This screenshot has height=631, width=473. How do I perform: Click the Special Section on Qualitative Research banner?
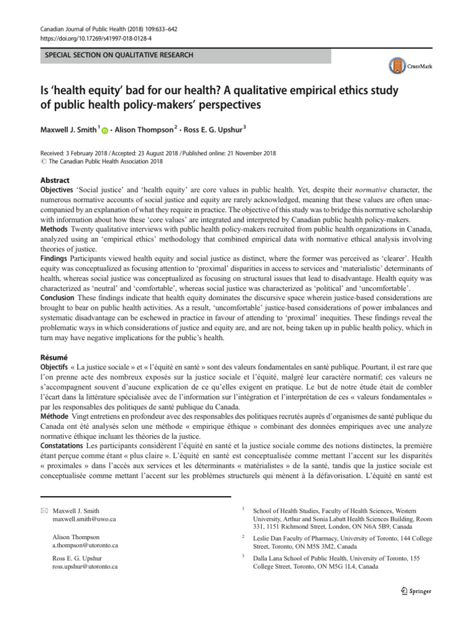[x=185, y=56]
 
